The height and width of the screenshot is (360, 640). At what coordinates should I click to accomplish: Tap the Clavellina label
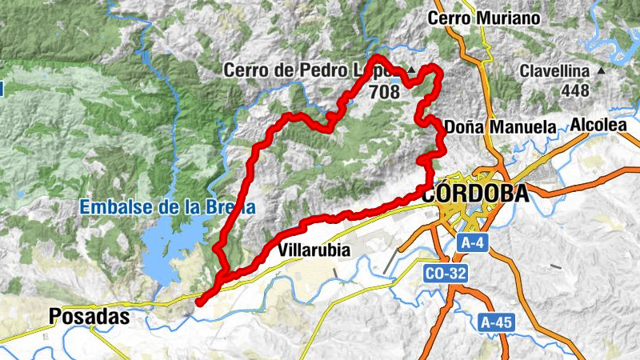pyautogui.click(x=554, y=71)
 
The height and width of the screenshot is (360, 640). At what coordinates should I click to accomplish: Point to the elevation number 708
pyautogui.click(x=384, y=91)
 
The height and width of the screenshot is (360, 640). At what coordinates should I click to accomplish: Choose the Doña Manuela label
pyautogui.click(x=500, y=126)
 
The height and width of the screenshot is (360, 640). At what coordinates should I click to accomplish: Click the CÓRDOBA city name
pyautogui.click(x=474, y=194)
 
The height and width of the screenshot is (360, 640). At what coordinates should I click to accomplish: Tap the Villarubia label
pyautogui.click(x=314, y=250)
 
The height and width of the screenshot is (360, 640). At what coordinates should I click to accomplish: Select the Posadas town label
pyautogui.click(x=89, y=315)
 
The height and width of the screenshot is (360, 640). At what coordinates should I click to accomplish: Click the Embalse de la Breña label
pyautogui.click(x=166, y=207)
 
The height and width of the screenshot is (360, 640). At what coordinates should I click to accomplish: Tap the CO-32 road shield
pyautogui.click(x=445, y=273)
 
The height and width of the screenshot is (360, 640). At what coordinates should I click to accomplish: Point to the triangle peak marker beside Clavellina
pyautogui.click(x=601, y=71)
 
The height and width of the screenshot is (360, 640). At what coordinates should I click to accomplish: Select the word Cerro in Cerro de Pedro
pyautogui.click(x=246, y=71)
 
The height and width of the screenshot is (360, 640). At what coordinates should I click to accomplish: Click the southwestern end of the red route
pyautogui.click(x=198, y=302)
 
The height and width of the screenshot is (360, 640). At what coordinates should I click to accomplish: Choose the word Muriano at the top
pyautogui.click(x=517, y=18)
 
